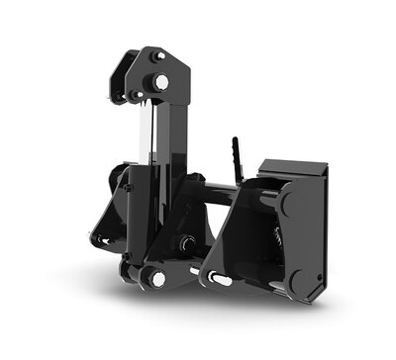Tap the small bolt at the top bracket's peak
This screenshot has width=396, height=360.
pos(159,57)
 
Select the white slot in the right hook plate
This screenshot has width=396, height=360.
pos(220,281)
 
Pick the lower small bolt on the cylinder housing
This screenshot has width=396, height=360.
pos(126,189)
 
